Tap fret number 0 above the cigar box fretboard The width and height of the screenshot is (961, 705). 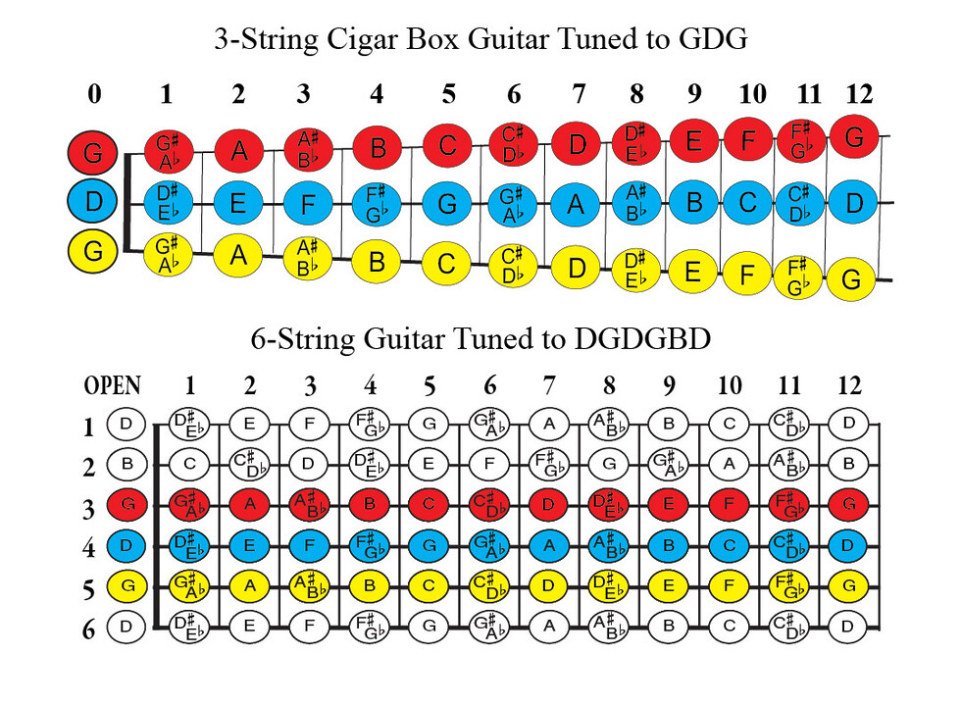[94, 94]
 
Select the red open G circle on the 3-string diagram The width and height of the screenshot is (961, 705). [93, 153]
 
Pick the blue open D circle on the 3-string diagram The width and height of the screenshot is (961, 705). [93, 203]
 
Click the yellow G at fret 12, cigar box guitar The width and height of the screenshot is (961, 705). [851, 280]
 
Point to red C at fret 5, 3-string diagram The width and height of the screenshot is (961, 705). [448, 146]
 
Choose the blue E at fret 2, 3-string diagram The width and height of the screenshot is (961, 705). [238, 204]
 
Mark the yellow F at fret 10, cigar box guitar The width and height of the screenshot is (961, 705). [747, 275]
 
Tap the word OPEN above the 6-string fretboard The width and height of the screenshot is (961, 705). [113, 385]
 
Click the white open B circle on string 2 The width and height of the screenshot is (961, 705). [126, 464]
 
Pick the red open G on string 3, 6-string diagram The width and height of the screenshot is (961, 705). [126, 505]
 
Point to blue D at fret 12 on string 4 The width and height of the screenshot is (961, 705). [850, 545]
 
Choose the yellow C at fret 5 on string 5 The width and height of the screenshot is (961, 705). [428, 586]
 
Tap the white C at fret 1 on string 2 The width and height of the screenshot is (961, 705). [188, 464]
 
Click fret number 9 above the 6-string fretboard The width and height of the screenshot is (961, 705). [669, 385]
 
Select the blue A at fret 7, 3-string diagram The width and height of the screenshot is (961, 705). [578, 204]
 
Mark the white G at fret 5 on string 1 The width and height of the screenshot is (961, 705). [428, 425]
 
